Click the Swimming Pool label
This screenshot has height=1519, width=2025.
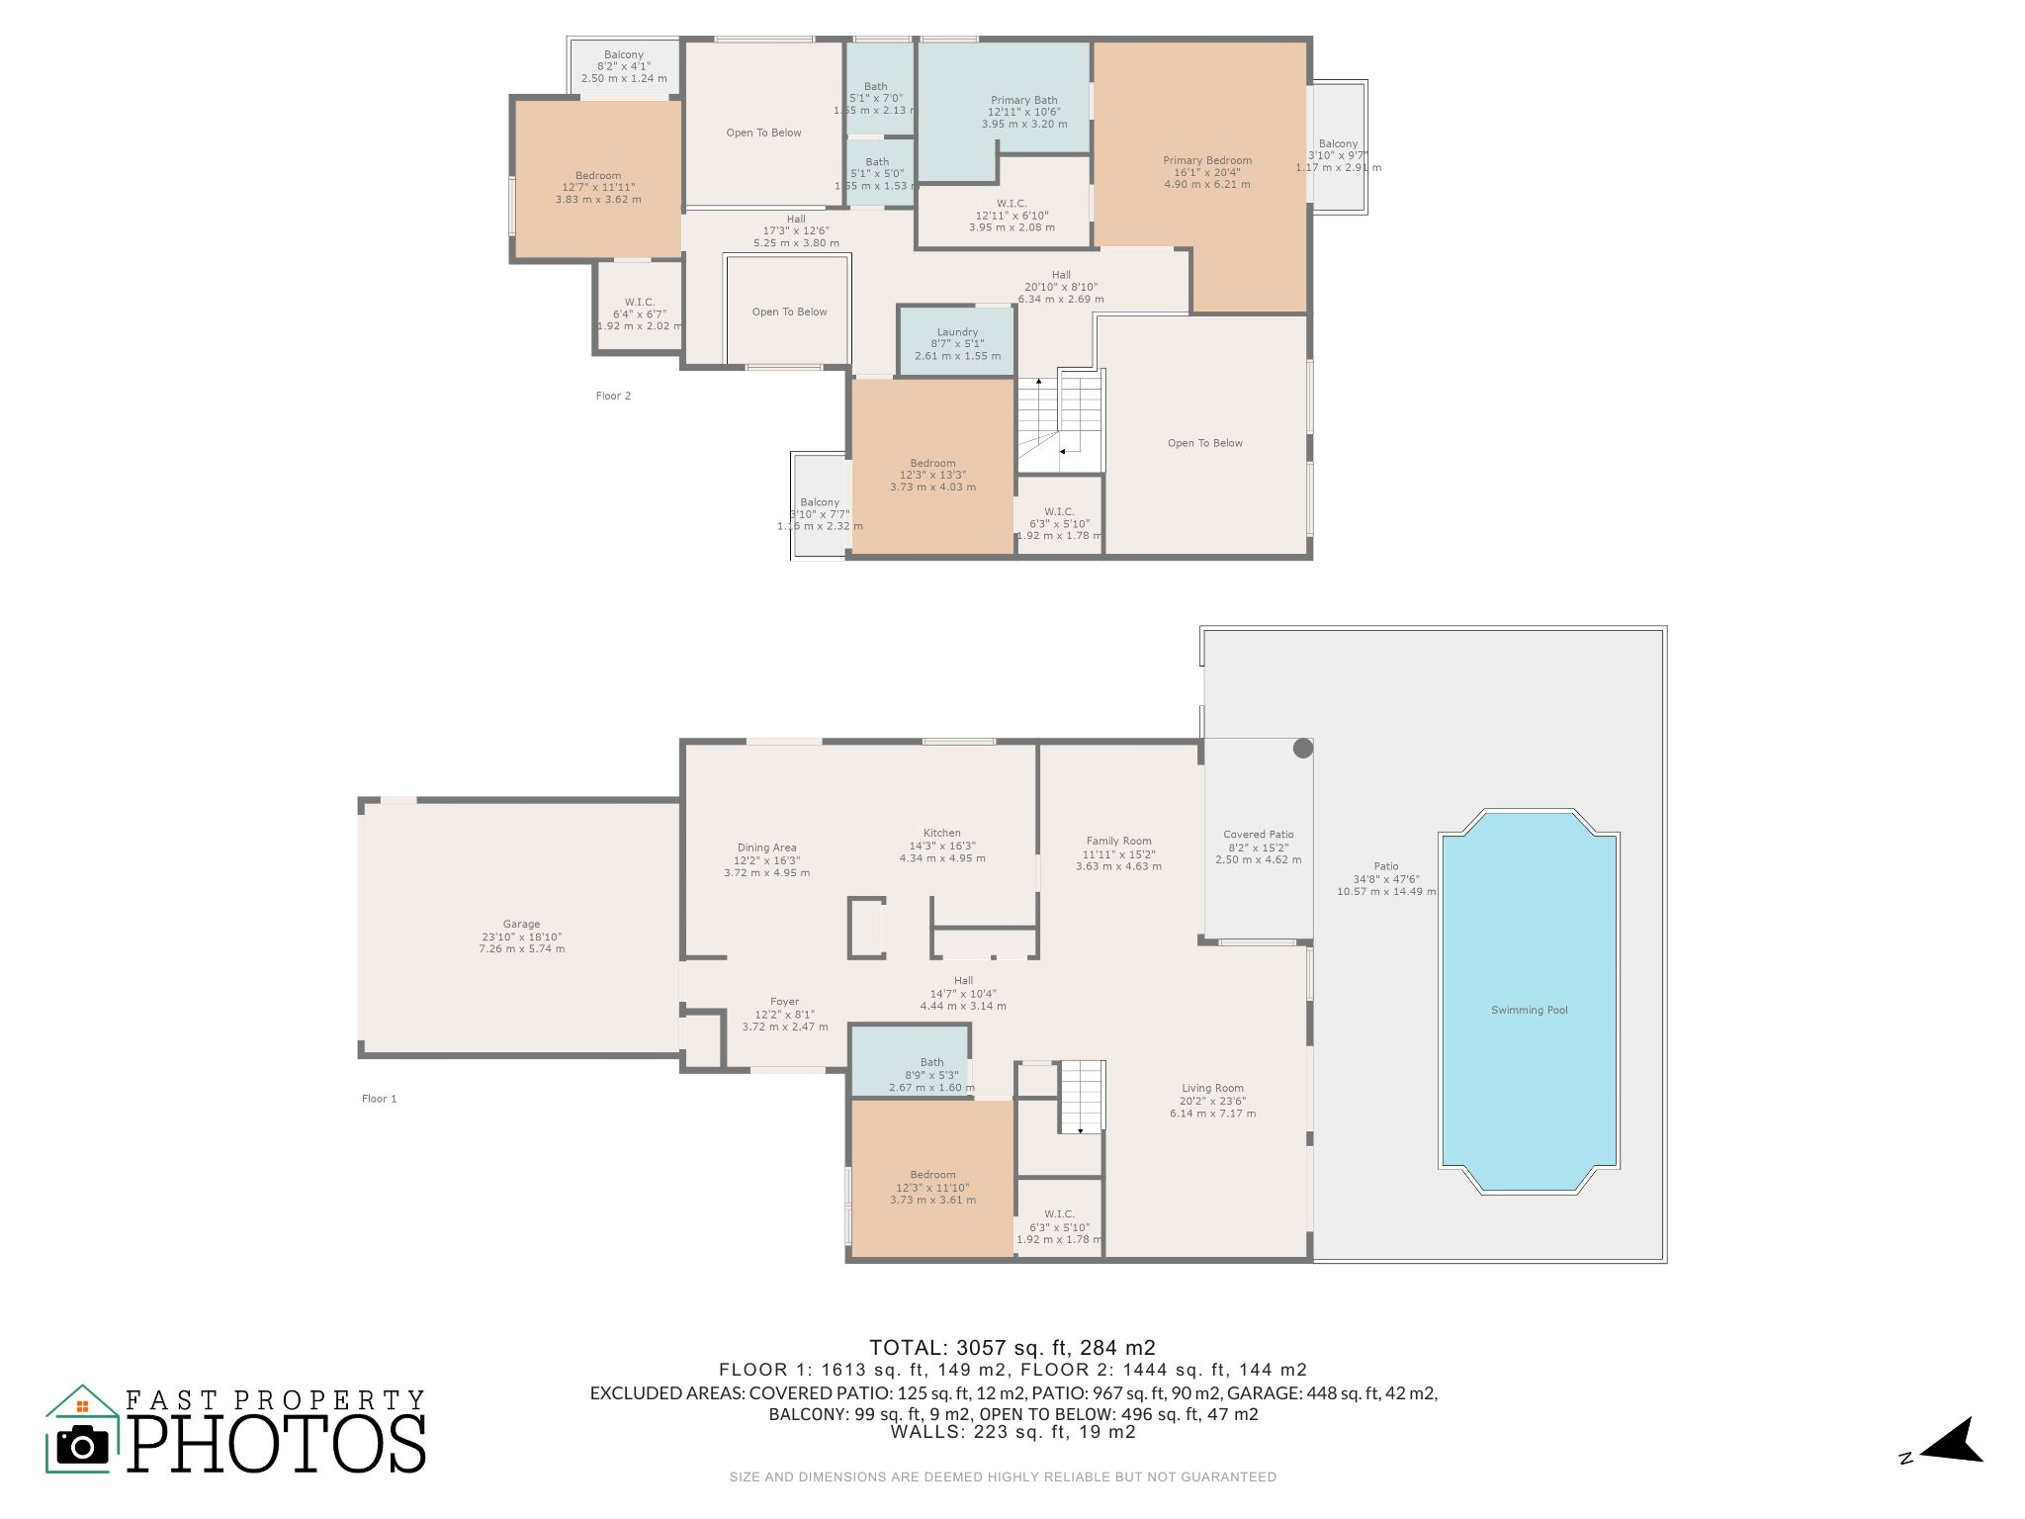(1529, 1010)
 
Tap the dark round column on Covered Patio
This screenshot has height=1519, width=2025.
(1302, 749)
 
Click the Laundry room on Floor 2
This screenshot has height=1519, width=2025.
(956, 342)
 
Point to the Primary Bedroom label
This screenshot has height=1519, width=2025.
(1206, 160)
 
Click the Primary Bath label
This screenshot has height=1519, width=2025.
(1023, 100)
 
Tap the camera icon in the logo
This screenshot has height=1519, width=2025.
(82, 1446)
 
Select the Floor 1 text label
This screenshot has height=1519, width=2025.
(379, 1099)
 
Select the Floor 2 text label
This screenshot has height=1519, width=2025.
(613, 396)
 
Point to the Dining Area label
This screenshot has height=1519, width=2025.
(766, 848)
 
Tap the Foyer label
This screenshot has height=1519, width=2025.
(784, 1002)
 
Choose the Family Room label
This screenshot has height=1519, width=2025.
(1118, 841)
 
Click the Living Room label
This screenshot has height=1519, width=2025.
(1212, 1088)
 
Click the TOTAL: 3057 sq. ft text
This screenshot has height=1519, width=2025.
(1012, 1347)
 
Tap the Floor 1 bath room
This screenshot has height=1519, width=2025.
(912, 1060)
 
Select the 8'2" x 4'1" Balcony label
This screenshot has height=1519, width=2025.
(624, 66)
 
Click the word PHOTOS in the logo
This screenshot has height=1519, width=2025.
(277, 1444)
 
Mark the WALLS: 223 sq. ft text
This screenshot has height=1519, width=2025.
(1012, 1432)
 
